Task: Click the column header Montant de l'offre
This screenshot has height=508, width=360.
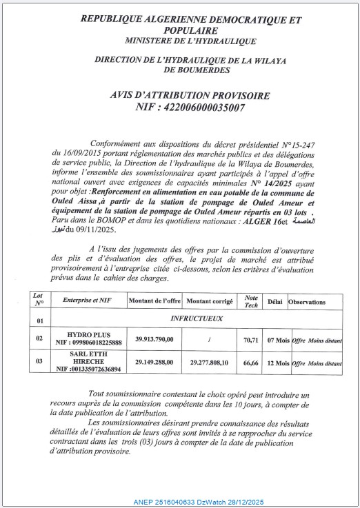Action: [x=155, y=301]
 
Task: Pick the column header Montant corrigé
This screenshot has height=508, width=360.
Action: [x=210, y=302]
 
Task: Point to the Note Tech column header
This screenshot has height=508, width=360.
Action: [x=251, y=301]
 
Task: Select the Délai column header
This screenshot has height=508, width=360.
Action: [x=274, y=302]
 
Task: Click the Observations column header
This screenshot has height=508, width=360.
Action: [x=315, y=302]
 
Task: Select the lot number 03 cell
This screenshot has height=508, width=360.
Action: [x=39, y=361]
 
